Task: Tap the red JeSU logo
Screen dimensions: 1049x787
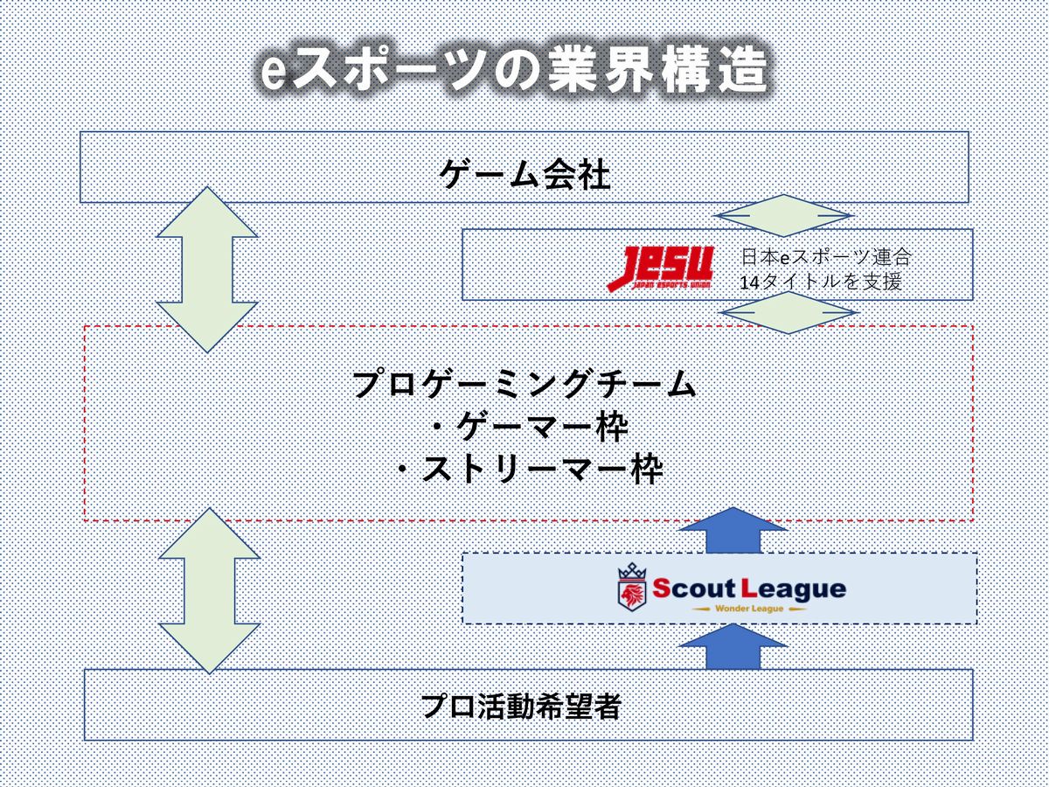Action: [x=661, y=268]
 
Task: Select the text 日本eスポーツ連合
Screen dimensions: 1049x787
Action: [x=826, y=258]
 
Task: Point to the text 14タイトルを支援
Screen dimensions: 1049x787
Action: [x=821, y=282]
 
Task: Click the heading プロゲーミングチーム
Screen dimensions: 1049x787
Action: [x=524, y=384]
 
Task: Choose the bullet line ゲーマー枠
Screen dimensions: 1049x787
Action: [x=531, y=427]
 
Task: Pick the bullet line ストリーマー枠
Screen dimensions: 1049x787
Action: [x=531, y=470]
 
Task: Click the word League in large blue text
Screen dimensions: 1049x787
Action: [x=794, y=590]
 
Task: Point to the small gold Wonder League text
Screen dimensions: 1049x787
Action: [x=749, y=609]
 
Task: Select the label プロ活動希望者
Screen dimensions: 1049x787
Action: [x=521, y=707]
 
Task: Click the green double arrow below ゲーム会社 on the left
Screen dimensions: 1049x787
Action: [x=207, y=269]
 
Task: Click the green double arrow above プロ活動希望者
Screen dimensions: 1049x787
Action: [x=209, y=590]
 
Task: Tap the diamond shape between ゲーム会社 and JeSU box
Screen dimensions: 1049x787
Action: [x=783, y=215]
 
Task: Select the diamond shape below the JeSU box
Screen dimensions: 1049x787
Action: [x=788, y=313]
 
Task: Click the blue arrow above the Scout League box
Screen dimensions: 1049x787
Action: [x=733, y=531]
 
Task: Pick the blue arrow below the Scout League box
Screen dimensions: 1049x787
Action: [x=733, y=646]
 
